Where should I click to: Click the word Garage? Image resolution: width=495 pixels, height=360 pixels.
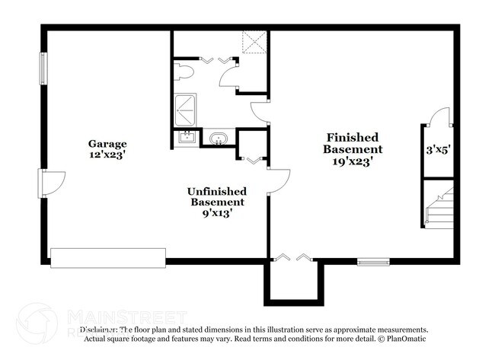[107, 144]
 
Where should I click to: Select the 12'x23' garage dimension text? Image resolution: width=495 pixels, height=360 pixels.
[107, 155]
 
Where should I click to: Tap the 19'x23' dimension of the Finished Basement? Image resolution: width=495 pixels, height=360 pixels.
[353, 161]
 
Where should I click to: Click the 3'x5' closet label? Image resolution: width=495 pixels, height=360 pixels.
[439, 151]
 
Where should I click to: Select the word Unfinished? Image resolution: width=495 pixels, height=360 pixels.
[216, 191]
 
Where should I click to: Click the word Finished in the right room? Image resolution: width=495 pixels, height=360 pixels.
[353, 137]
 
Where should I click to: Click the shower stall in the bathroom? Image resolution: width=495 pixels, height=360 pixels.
[185, 110]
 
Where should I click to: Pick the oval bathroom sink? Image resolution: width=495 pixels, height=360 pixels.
[219, 139]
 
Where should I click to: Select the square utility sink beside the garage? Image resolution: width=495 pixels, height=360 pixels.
[186, 138]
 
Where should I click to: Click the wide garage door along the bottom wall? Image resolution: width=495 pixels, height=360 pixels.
[108, 257]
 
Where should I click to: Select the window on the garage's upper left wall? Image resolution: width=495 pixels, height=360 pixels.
[43, 69]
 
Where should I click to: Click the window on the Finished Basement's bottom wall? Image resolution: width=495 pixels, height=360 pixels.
[373, 263]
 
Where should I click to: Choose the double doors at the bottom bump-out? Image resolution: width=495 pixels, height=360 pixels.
[294, 259]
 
